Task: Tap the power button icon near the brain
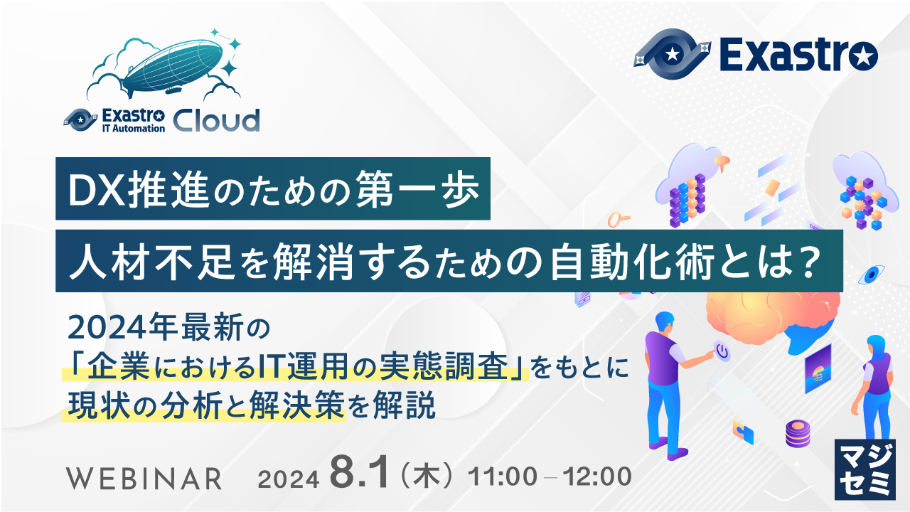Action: [722, 351]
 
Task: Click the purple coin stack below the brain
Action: [798, 433]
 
